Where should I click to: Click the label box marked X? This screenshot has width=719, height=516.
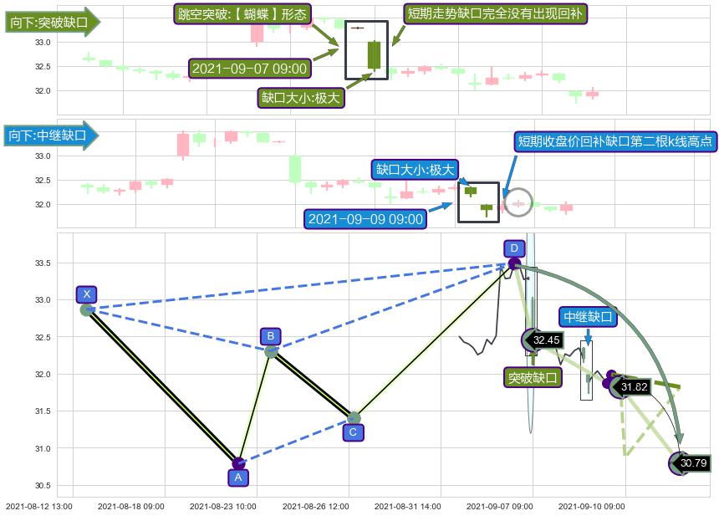87,294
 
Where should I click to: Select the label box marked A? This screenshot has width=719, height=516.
238,478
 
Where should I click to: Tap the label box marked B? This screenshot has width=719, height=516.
270,336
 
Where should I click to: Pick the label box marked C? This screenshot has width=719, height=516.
353,432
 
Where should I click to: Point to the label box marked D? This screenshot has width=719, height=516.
514,248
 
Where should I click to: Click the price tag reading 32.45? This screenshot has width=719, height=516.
546,340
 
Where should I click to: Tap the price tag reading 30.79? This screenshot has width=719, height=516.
693,462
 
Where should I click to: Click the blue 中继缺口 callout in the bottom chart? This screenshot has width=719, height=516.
589,317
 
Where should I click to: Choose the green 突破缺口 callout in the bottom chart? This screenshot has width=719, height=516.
533,377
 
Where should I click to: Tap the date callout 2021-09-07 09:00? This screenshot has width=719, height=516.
249,69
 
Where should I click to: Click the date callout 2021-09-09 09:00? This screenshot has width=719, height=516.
365,219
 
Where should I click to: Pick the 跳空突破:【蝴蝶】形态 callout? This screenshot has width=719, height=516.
242,14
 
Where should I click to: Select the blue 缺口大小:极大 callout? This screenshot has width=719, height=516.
415,170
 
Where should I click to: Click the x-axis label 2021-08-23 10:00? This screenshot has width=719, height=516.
222,506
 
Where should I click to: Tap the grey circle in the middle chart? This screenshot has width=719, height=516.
518,203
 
